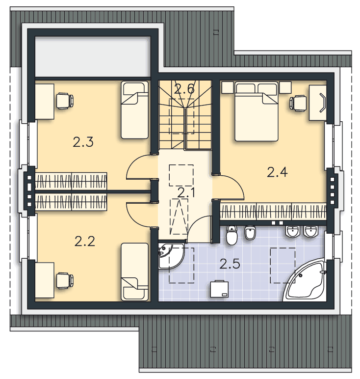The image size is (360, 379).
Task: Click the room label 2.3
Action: pyautogui.click(x=83, y=142)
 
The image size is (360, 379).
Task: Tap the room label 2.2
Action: pyautogui.click(x=85, y=241)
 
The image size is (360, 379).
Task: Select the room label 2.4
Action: pyautogui.click(x=277, y=172)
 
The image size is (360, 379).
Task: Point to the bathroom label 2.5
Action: pyautogui.click(x=230, y=264)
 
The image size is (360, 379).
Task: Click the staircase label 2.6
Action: pyautogui.click(x=184, y=89)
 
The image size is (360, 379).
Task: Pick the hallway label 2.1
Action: pyautogui.click(x=186, y=193)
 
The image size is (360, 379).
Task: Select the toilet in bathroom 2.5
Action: pyautogui.click(x=231, y=235)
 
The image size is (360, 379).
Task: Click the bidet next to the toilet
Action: pyautogui.click(x=250, y=233)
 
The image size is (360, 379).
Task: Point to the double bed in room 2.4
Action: pyautogui.click(x=257, y=111)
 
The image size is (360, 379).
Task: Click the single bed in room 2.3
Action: pyautogui.click(x=134, y=110)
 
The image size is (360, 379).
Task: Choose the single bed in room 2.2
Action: pyautogui.click(x=134, y=272)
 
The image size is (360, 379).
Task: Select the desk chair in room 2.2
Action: pyautogui.click(x=65, y=280)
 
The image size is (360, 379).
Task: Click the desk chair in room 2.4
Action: pyautogui.click(x=298, y=103)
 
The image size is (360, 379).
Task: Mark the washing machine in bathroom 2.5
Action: pyautogui.click(x=219, y=289)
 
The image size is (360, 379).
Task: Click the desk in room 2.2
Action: pyautogui.click(x=45, y=280)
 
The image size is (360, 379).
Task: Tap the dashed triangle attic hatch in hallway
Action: pyautogui.click(x=179, y=217)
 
